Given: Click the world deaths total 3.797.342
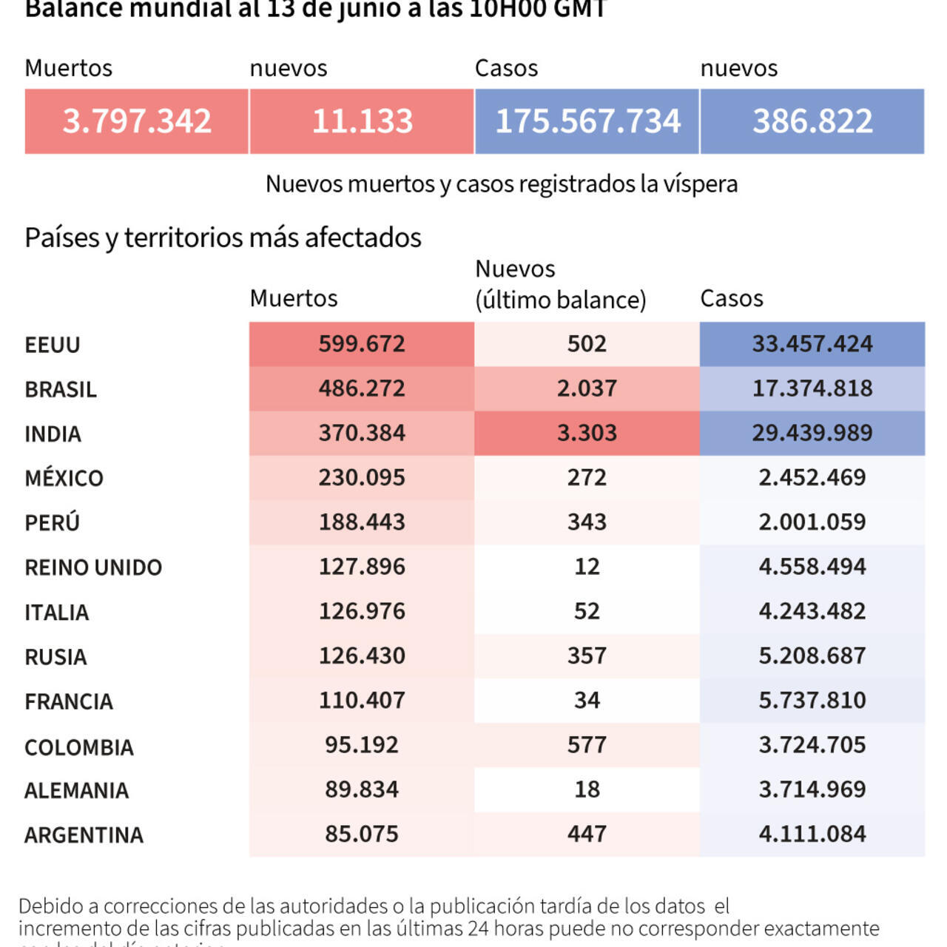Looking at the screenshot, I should pyautogui.click(x=137, y=121).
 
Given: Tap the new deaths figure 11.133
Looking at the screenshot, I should pyautogui.click(x=362, y=121).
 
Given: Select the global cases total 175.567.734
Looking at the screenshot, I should pyautogui.click(x=587, y=121).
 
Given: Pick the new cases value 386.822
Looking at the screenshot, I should pyautogui.click(x=812, y=121).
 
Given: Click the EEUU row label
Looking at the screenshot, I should pyautogui.click(x=53, y=345).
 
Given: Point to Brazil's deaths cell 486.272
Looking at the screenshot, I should pyautogui.click(x=362, y=388).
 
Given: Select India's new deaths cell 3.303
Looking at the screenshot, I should pyautogui.click(x=587, y=433).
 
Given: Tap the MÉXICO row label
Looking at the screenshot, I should pyautogui.click(x=64, y=478).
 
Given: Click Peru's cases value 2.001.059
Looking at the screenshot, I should pyautogui.click(x=812, y=522).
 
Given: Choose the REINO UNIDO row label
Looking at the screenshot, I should pyautogui.click(x=93, y=567).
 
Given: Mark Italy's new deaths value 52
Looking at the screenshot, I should pyautogui.click(x=587, y=611).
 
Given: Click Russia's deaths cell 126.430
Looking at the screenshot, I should pyautogui.click(x=362, y=656).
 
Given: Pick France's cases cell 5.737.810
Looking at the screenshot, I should pyautogui.click(x=812, y=700).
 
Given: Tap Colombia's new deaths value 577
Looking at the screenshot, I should pyautogui.click(x=587, y=744).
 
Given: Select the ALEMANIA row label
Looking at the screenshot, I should pyautogui.click(x=77, y=790).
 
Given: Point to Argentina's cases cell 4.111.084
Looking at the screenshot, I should pyautogui.click(x=812, y=834).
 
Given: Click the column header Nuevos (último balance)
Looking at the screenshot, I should pyautogui.click(x=560, y=284).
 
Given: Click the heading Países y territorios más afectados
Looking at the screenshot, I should pyautogui.click(x=223, y=237).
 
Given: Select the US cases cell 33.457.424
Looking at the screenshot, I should pyautogui.click(x=812, y=344).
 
